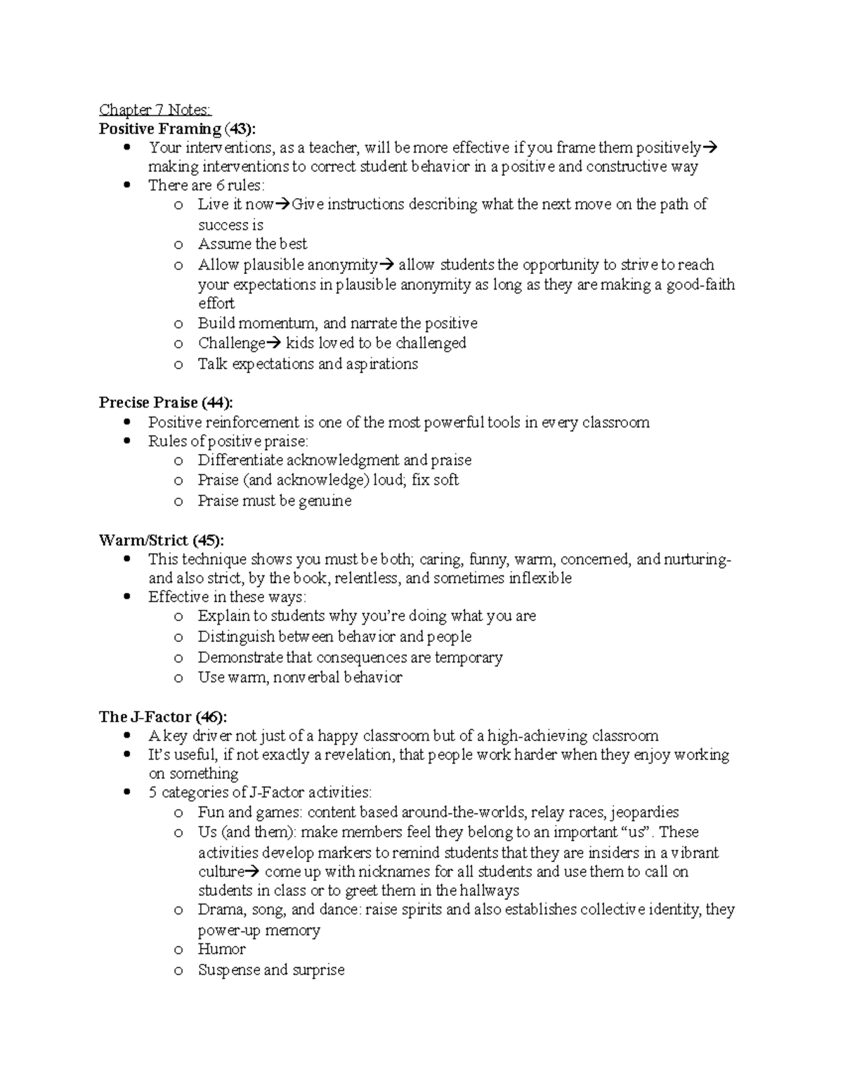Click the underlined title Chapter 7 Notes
155,110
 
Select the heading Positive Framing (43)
177,129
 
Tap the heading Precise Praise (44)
166,403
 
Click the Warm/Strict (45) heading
162,540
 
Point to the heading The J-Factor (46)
163,717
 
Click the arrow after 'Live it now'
282,205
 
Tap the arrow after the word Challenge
273,344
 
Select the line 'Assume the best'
252,244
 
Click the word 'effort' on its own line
216,303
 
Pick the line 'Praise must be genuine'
274,501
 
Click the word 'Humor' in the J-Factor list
221,949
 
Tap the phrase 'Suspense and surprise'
271,970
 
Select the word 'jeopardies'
644,812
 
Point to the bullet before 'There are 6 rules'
126,185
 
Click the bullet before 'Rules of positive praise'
126,441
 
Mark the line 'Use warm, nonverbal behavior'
299,677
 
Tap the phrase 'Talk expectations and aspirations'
308,364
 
